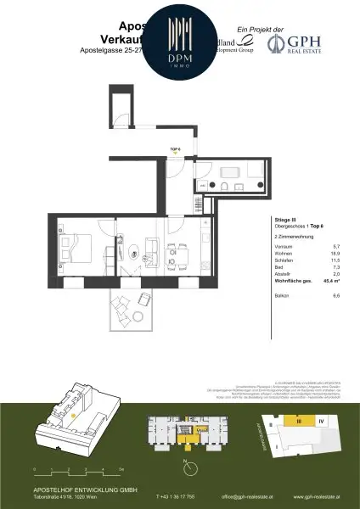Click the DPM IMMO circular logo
[x=180, y=40]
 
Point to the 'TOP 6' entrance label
[x=175, y=148]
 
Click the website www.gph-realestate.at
[x=316, y=497]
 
